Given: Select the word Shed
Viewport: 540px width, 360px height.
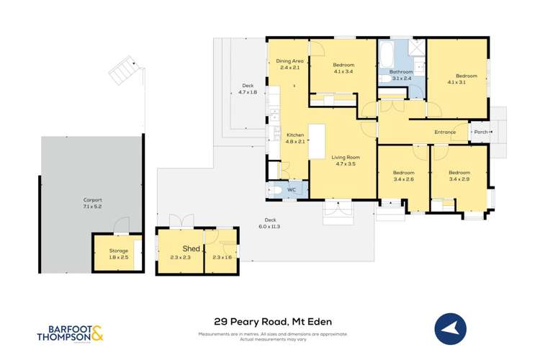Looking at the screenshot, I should pyautogui.click(x=180, y=249).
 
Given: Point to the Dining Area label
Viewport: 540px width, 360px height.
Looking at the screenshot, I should pyautogui.click(x=290, y=61).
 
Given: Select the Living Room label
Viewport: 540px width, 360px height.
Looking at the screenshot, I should pyautogui.click(x=344, y=157).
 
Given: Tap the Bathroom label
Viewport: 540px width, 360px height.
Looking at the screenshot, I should pyautogui.click(x=401, y=72).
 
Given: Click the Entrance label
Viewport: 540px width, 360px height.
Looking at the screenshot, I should pyautogui.click(x=445, y=132).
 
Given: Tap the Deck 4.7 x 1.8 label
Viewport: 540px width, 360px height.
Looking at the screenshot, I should pyautogui.click(x=248, y=89).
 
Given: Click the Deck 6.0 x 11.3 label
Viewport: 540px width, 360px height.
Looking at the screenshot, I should pyautogui.click(x=271, y=222).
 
